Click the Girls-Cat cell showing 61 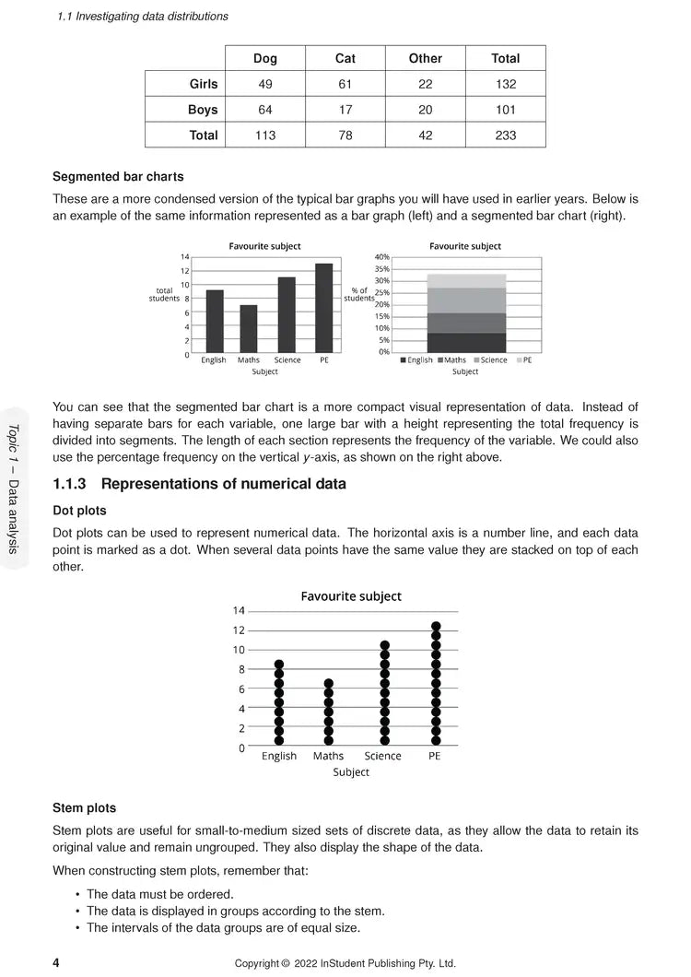click(345, 84)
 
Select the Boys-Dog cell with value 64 click(265, 110)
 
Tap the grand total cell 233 click(506, 135)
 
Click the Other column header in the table click(426, 58)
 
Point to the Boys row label click(203, 110)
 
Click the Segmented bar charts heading click(118, 176)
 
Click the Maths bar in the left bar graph click(249, 329)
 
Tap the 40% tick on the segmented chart click(382, 257)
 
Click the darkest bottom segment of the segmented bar click(466, 342)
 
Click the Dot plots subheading click(79, 511)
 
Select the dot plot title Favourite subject click(351, 596)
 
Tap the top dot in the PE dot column click(436, 627)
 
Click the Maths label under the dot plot click(328, 756)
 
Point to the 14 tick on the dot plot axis click(239, 611)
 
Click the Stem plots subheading click(85, 808)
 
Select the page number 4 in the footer click(57, 963)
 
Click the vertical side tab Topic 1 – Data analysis click(13, 488)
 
